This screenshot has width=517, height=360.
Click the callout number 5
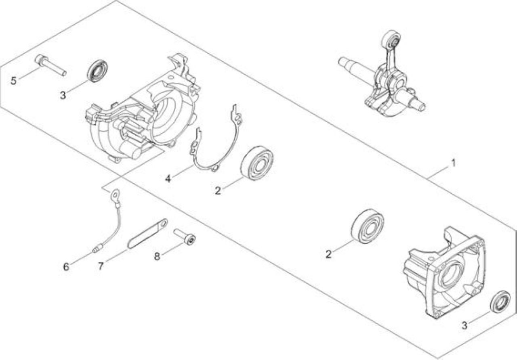click(14, 81)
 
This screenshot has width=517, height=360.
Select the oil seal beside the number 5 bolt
click(97, 71)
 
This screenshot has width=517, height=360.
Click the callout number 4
click(168, 178)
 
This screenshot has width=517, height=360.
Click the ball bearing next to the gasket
click(256, 163)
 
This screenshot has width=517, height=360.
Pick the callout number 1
click(453, 163)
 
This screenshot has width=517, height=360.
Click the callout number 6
click(66, 267)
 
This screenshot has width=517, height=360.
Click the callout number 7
click(101, 266)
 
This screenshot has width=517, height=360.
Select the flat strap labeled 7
click(148, 233)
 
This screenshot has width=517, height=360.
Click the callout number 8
click(157, 256)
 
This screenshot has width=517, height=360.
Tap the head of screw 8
click(190, 240)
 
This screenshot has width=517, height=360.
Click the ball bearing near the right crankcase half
click(367, 226)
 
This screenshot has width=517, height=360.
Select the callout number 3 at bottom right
click(464, 326)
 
